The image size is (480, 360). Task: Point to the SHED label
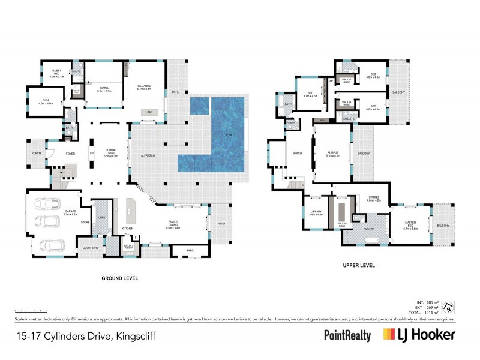(x=190, y=251)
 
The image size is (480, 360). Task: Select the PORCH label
(x=37, y=153)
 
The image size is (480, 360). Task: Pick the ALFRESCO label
(x=148, y=155)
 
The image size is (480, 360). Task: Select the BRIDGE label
(x=297, y=154)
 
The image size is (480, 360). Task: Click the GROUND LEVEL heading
(x=120, y=278)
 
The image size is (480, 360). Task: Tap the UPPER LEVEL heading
(x=359, y=265)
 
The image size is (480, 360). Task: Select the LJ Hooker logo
(x=419, y=335)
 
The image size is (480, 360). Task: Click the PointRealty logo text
(x=347, y=336)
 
